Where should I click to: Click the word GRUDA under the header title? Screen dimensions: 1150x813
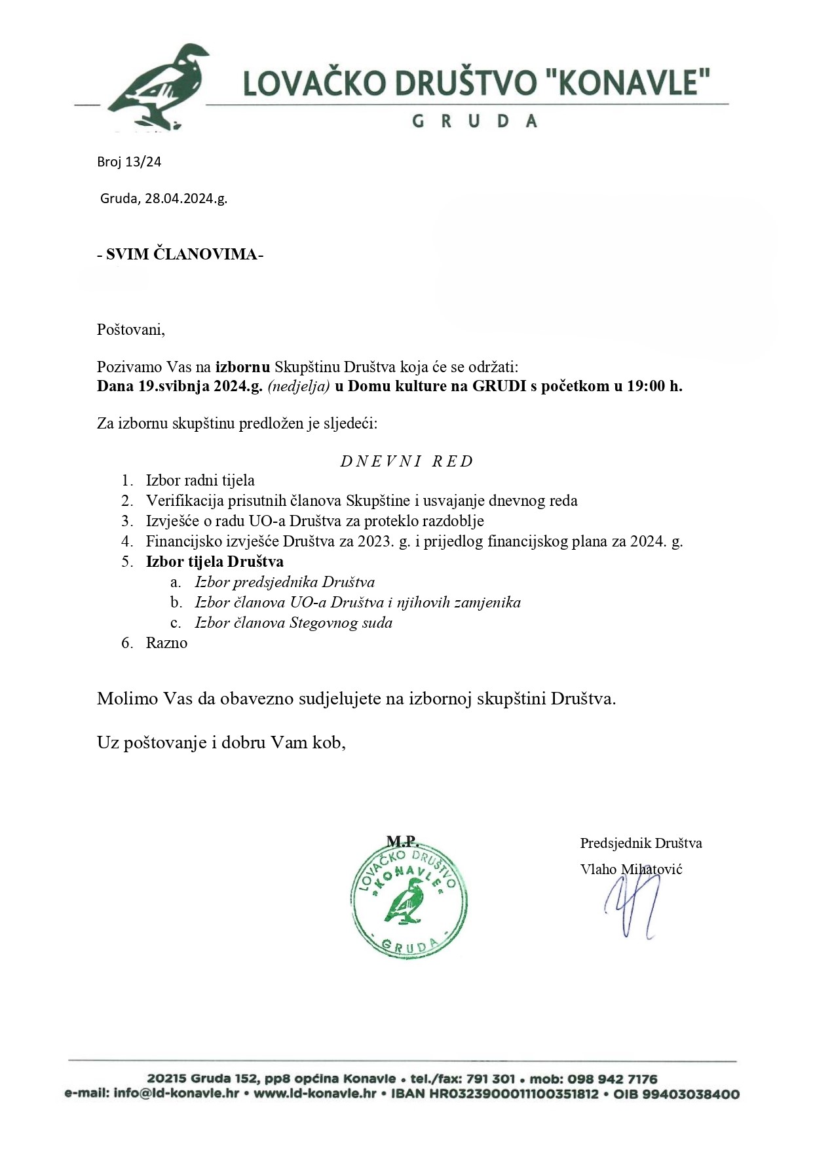(474, 121)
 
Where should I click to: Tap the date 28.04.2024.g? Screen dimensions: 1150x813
(186, 199)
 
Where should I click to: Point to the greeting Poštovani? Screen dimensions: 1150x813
(131, 329)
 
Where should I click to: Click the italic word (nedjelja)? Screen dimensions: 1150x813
(298, 386)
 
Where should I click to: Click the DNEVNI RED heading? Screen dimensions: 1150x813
(406, 461)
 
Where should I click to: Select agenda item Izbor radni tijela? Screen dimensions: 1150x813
(200, 481)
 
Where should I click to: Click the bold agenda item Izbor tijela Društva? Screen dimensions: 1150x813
(214, 562)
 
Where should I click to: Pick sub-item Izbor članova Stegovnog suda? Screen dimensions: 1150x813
(293, 623)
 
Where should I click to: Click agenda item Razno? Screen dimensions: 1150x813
(166, 643)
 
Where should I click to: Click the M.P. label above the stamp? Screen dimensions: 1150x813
(402, 841)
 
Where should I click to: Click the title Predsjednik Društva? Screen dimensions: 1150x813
(641, 843)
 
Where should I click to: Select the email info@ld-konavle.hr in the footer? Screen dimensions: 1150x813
(176, 1094)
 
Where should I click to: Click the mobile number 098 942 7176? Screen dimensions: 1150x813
(614, 1079)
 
